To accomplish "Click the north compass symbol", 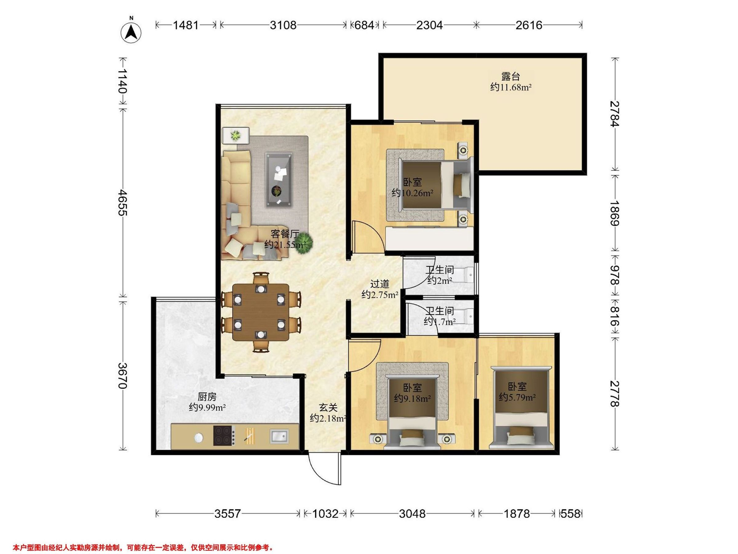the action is click(131, 32).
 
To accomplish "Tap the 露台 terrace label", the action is click(510, 76).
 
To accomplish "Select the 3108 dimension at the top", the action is click(283, 25).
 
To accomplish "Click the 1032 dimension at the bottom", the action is click(325, 514).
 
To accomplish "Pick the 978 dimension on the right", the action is click(614, 275).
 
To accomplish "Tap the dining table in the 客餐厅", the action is click(261, 312).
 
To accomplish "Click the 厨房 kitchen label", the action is click(207, 397).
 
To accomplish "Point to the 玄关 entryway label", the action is click(328, 407).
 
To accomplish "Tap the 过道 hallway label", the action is click(380, 284).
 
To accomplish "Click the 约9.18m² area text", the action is click(412, 398).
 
